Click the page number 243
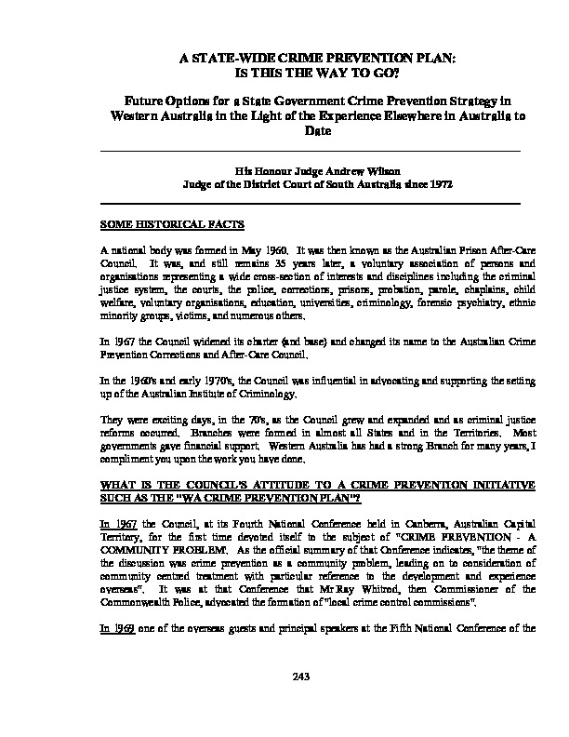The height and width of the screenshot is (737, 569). point(284,677)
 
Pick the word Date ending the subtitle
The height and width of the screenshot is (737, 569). point(317,132)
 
